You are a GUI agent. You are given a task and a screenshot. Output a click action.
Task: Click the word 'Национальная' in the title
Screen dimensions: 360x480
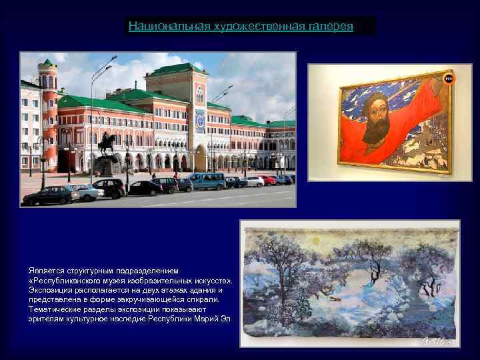coord(169,26)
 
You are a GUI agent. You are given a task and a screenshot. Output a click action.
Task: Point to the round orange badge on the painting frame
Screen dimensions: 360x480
coord(449,78)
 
